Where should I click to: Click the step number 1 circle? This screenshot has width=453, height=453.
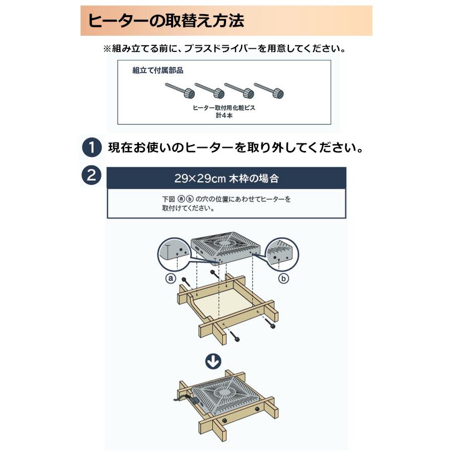pyautogui.click(x=92, y=148)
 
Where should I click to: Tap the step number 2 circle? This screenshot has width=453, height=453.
pyautogui.click(x=92, y=176)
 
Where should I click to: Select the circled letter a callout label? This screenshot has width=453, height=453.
pyautogui.click(x=170, y=278)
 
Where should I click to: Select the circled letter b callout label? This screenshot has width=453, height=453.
pyautogui.click(x=284, y=278)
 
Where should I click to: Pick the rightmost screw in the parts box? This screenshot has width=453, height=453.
pyautogui.click(x=269, y=91)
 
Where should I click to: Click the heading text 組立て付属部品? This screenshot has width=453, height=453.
pyautogui.click(x=158, y=70)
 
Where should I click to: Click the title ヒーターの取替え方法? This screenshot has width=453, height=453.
pyautogui.click(x=166, y=21)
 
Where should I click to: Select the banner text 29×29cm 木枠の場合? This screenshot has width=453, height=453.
pyautogui.click(x=226, y=178)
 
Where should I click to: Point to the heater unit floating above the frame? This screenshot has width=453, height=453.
pyautogui.click(x=226, y=247)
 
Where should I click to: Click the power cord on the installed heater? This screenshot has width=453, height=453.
pyautogui.click(x=184, y=399)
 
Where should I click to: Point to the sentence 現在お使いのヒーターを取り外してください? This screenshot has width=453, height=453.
pyautogui.click(x=236, y=148)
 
